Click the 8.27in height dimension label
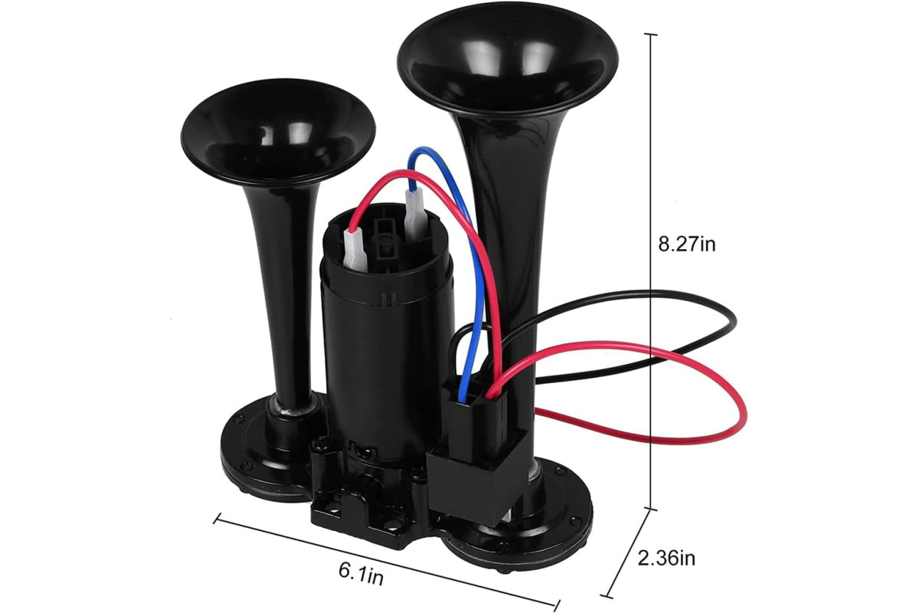pos(687,244)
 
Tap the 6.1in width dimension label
pos(361,574)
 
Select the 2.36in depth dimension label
pos(667,558)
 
